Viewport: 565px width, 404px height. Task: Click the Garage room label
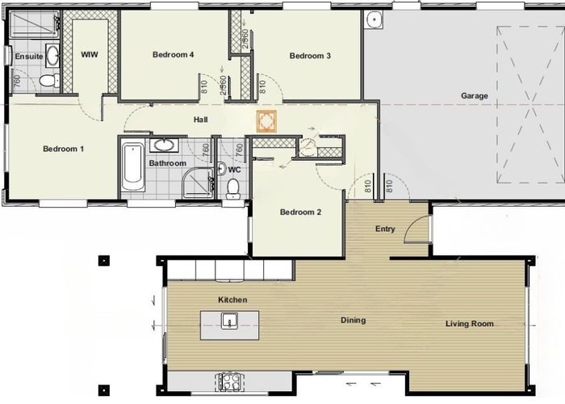point(475,95)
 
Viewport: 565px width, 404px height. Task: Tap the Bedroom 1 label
point(64,149)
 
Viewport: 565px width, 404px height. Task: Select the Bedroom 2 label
point(301,213)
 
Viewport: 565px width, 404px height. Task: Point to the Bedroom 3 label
point(311,56)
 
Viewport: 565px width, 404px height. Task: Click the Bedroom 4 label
point(174,55)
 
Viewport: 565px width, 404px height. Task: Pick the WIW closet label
point(90,54)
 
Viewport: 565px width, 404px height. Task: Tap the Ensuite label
point(29,57)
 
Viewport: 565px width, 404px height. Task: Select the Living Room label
point(470,324)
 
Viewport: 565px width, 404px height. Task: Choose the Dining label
point(353,320)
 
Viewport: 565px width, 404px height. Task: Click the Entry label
point(385,229)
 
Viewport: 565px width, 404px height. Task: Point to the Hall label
point(201,120)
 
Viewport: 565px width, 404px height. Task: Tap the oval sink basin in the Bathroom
point(165,145)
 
